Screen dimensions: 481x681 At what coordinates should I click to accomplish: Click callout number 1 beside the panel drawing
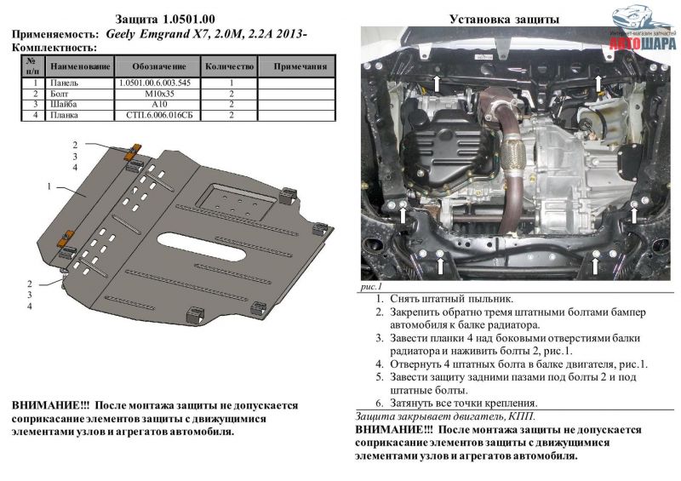tap(49, 186)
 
